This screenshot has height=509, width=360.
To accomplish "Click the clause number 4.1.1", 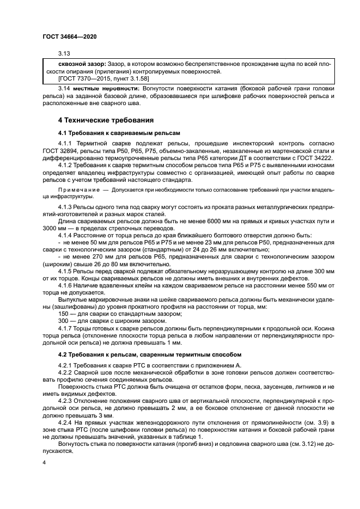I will (66, 143).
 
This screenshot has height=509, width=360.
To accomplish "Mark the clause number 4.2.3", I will (66, 400).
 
